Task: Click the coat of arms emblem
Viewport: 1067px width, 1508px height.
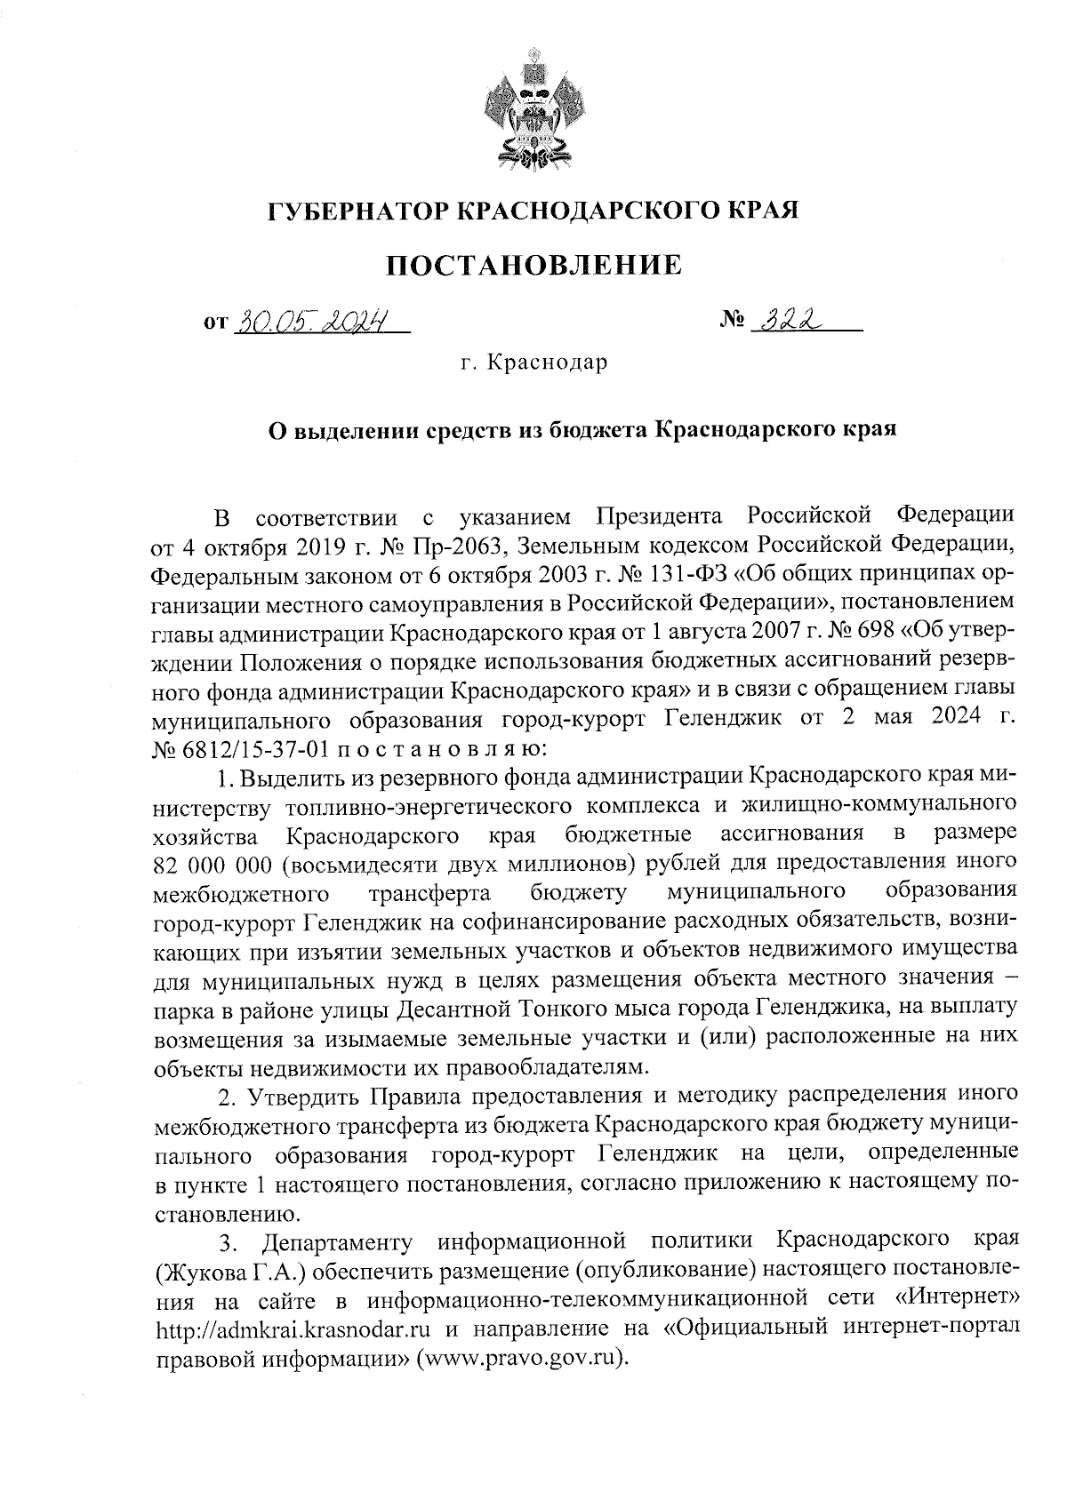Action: (x=533, y=112)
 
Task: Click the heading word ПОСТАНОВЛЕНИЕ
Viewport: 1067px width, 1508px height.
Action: (x=533, y=266)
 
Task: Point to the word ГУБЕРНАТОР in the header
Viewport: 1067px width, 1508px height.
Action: (x=358, y=211)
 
